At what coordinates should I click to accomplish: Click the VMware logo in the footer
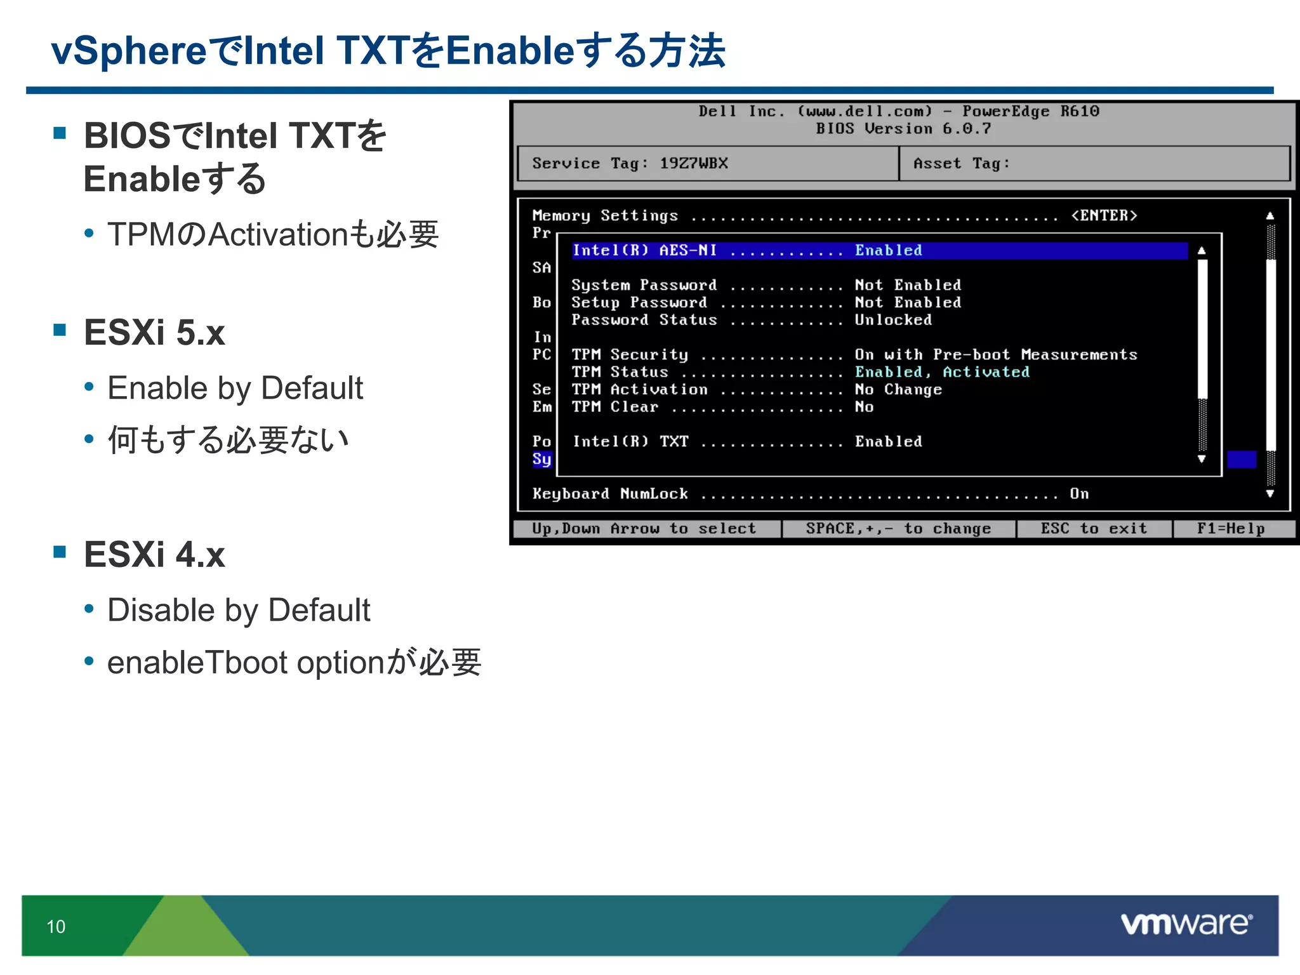[x=1186, y=924]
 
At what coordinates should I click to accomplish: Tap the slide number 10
[x=56, y=927]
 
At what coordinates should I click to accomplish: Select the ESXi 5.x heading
[x=154, y=333]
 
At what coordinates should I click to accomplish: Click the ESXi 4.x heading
[x=154, y=554]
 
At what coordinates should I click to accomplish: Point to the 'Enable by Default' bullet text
[x=235, y=388]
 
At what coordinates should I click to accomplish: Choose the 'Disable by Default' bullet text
[x=239, y=610]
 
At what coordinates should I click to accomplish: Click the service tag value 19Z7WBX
[x=694, y=163]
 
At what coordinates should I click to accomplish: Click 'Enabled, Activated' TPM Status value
[x=942, y=372]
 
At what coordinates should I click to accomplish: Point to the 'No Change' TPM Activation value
[x=898, y=390]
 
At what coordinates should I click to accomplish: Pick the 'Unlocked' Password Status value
[x=893, y=320]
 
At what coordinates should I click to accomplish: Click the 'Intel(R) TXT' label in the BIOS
[x=630, y=442]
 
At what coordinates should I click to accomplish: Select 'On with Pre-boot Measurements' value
[x=995, y=355]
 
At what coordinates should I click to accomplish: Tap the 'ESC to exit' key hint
[x=1094, y=529]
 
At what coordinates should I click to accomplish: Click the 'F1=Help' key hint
[x=1231, y=529]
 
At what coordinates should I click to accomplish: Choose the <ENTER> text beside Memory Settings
[x=1104, y=216]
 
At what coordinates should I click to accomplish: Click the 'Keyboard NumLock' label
[x=610, y=494]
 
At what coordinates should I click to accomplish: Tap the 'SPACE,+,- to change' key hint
[x=898, y=529]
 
